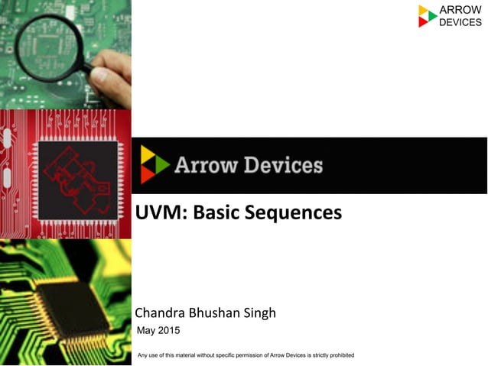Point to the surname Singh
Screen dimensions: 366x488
pyautogui.click(x=257, y=313)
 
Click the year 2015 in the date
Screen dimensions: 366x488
pyautogui.click(x=170, y=330)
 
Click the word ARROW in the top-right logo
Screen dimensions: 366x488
pyautogui.click(x=460, y=10)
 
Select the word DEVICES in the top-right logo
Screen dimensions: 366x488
pyautogui.click(x=460, y=22)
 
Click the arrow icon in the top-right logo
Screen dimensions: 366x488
pyautogui.click(x=427, y=16)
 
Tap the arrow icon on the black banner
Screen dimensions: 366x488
pyautogui.click(x=154, y=164)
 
